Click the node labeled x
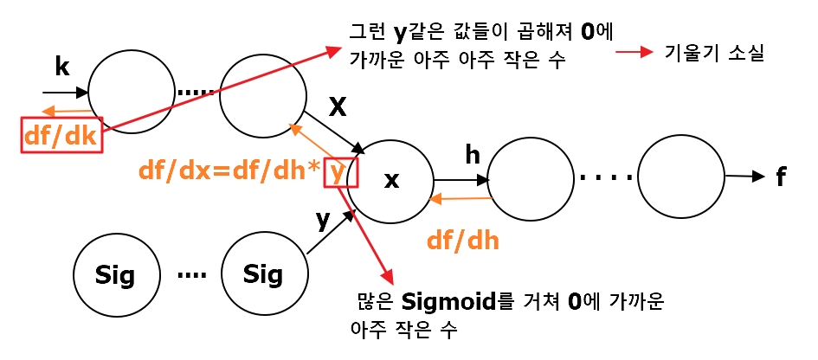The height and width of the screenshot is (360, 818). (390, 181)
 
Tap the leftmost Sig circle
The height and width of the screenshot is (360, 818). (117, 274)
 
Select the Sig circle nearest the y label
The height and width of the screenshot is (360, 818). (264, 273)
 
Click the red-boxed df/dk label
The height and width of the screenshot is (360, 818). (61, 136)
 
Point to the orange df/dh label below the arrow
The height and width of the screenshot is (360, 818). (463, 241)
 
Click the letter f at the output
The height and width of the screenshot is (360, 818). (781, 177)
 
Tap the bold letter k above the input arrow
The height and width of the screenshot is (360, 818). (61, 67)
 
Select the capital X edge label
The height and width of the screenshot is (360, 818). (338, 107)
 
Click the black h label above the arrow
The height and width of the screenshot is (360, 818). (473, 155)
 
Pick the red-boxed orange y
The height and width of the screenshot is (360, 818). (338, 171)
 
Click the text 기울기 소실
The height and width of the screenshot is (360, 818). (714, 53)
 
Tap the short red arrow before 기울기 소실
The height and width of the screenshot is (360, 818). (634, 53)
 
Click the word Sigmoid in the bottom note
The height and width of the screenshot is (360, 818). (449, 302)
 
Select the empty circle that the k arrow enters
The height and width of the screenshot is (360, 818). (132, 92)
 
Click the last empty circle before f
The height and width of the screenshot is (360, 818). (681, 177)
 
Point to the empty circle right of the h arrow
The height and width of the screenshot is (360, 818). (531, 178)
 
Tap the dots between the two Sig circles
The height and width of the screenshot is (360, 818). (191, 275)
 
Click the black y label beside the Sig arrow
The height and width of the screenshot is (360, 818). (323, 220)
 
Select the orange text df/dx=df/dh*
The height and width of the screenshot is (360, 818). (229, 171)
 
